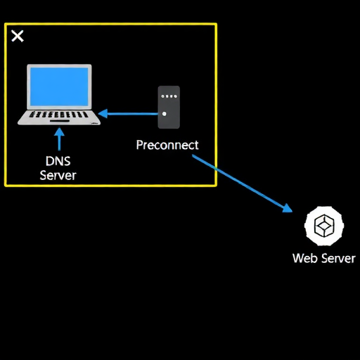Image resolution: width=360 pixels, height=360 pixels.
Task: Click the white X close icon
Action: pos(18,36)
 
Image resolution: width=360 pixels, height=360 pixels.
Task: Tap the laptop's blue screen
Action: pos(59,86)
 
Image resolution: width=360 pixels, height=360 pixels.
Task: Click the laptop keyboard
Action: pos(58,115)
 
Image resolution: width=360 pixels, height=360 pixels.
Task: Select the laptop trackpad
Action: pos(60,121)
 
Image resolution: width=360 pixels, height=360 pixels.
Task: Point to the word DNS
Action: pos(58,161)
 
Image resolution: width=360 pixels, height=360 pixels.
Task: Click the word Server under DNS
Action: pos(58,175)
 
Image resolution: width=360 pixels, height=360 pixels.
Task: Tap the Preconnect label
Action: pos(167,145)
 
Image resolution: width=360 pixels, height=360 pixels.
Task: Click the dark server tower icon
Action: pos(169,108)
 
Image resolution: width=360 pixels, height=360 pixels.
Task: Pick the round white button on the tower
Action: pos(164,114)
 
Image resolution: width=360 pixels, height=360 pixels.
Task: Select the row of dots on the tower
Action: pos(169,96)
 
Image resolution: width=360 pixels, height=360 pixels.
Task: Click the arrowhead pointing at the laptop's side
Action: pos(103,114)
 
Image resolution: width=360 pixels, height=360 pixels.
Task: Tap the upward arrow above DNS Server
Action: pos(59,139)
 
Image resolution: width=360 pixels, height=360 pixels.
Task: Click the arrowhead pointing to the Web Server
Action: pos(288,208)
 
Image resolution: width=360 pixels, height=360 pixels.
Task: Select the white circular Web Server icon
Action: pos(324,226)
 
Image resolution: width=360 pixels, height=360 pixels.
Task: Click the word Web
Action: pos(305,258)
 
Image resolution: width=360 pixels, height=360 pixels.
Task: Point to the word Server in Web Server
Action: pos(338,258)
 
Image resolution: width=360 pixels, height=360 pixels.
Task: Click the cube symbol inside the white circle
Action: pos(324,226)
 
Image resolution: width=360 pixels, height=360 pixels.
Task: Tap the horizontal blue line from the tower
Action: pos(133,114)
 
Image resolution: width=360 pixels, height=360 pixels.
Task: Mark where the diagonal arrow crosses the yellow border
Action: pos(216,168)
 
